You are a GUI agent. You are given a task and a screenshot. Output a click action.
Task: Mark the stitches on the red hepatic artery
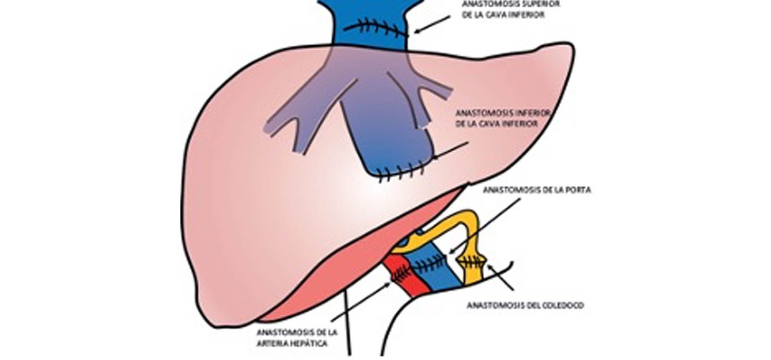coord(401,274)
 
